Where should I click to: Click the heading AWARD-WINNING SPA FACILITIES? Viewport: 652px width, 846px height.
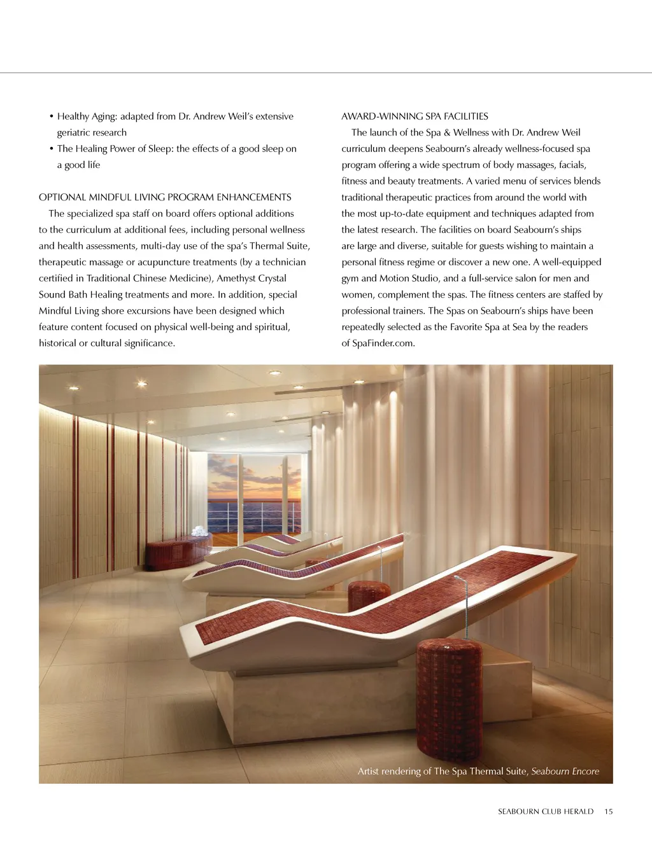(x=415, y=116)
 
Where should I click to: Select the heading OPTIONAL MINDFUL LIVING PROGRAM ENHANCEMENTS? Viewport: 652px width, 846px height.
(x=165, y=197)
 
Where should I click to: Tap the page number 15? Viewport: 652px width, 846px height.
(x=609, y=812)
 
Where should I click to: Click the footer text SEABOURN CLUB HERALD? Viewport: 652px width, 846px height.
(x=545, y=812)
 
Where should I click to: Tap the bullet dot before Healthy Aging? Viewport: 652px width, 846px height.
(x=51, y=116)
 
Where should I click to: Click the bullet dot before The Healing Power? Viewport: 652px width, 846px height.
(x=51, y=149)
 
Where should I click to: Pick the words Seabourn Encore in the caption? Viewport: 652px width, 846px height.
(x=565, y=772)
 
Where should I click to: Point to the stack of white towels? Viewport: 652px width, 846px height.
(x=200, y=530)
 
